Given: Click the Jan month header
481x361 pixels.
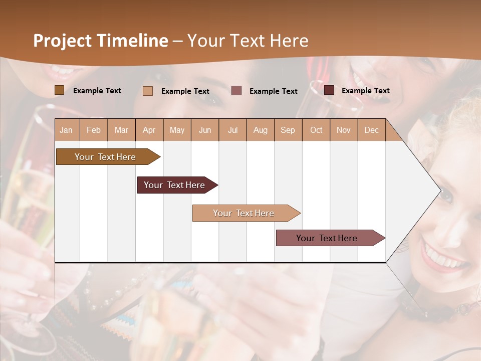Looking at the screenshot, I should point(66,130).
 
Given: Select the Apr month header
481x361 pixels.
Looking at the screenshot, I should point(149,130).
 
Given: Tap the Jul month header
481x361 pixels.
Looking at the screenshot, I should point(233,130).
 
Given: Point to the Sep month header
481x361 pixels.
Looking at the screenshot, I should point(288,130).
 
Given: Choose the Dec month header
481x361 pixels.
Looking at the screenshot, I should point(372,130).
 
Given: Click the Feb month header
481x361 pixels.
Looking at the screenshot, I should point(94,130).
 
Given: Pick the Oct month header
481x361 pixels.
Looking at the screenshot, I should point(316,130).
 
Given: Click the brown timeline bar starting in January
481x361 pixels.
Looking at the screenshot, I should point(106,157).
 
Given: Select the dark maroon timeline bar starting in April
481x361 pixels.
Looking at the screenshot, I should point(175,185).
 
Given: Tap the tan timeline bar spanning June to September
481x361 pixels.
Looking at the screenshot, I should point(244,213).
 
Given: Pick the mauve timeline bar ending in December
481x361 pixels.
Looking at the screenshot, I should point(327,238).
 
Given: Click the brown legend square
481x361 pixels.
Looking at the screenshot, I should point(60,90).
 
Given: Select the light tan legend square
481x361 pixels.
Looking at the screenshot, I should point(148,91).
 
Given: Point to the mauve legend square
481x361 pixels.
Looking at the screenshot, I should point(236,91).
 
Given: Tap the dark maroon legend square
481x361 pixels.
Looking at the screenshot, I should point(329,90).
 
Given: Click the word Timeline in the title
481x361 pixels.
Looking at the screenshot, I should point(131,41).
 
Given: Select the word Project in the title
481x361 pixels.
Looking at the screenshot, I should point(61,41).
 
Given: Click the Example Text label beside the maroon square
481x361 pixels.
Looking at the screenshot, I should point(365,91).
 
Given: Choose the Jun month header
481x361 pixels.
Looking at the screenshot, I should point(205,130).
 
